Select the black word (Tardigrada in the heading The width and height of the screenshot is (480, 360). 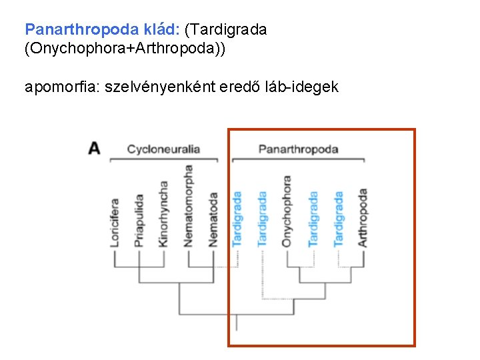point(226,30)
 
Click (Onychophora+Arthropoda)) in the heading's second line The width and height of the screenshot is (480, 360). point(125,49)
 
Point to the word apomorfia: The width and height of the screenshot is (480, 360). point(59,87)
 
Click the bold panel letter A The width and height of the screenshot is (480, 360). point(94,148)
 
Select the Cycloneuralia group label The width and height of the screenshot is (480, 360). point(163,149)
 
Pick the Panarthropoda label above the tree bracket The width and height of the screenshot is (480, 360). point(298,149)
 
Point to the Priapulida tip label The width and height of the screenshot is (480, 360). point(139,221)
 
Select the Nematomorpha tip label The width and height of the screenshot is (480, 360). point(189,206)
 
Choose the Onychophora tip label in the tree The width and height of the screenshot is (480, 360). point(287,211)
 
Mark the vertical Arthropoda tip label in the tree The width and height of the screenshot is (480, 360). point(363,217)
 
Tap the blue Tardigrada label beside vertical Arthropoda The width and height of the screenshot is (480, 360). point(339,219)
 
